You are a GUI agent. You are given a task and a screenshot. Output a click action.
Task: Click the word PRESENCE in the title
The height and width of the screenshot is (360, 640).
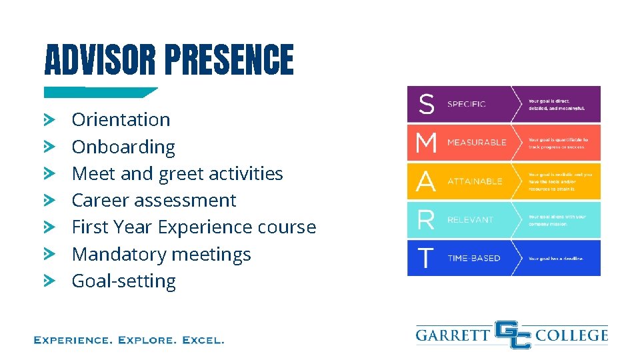(229, 60)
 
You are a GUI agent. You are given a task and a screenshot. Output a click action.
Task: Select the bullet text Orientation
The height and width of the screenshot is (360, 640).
(121, 120)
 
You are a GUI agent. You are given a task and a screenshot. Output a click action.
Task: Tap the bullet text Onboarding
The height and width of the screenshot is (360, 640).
(123, 147)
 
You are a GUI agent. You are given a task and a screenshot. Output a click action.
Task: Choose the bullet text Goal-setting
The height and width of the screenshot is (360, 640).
(123, 281)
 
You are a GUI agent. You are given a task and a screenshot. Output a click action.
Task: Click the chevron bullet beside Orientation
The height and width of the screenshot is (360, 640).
(49, 120)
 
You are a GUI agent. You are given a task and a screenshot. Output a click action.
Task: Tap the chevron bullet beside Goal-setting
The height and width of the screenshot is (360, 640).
(49, 281)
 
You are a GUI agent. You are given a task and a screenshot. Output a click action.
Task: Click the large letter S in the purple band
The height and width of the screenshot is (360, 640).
(426, 104)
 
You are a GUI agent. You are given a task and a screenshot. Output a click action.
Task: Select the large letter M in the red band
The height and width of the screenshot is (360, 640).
(426, 142)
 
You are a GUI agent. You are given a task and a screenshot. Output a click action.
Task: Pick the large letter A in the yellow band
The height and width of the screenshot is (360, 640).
(426, 181)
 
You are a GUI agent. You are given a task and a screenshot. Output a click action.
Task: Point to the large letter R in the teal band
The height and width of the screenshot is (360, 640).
(425, 219)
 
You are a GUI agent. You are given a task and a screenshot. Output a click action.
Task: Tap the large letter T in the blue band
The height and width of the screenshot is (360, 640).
(425, 258)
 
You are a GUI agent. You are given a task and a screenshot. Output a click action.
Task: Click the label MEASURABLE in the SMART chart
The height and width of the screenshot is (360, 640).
(476, 143)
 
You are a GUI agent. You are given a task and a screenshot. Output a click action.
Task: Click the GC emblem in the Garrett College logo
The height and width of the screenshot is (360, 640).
(513, 334)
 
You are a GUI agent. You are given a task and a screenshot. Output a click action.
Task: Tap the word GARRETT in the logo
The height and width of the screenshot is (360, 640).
(453, 334)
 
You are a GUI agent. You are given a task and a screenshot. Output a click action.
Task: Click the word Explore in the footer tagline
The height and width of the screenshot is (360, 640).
(145, 340)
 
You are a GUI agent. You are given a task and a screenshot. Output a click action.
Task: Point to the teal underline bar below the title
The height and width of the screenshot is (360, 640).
(100, 92)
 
